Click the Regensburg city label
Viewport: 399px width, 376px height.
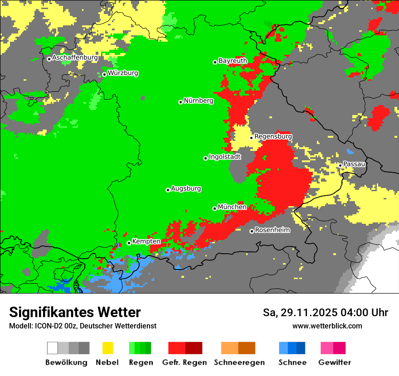click(273, 136)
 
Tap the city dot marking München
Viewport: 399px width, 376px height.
click(214, 208)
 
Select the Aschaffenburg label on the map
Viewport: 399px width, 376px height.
click(75, 58)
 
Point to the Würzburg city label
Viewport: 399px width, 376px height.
click(123, 73)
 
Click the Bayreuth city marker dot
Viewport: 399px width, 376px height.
click(215, 62)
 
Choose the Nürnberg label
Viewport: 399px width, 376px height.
click(198, 101)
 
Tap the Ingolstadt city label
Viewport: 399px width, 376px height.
click(225, 157)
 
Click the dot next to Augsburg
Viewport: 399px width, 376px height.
click(168, 190)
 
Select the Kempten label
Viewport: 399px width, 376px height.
click(146, 241)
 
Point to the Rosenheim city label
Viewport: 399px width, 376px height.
click(272, 230)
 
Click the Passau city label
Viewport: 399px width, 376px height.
click(354, 164)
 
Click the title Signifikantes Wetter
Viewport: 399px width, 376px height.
click(75, 312)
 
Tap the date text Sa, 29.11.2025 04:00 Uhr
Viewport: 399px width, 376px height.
click(325, 313)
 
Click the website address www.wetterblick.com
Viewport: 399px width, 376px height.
click(327, 326)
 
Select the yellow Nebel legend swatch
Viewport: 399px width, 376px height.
click(107, 348)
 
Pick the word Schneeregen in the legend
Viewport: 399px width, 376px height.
click(239, 362)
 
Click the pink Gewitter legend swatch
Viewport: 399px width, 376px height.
click(327, 348)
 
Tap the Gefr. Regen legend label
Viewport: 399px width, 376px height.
click(184, 362)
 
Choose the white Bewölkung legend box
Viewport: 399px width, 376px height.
click(53, 348)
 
